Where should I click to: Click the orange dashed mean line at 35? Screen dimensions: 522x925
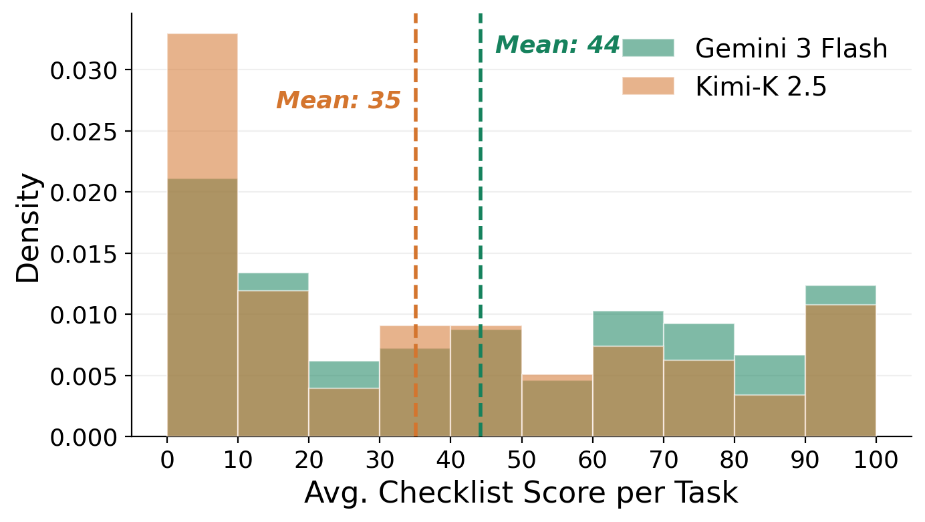(x=416, y=201)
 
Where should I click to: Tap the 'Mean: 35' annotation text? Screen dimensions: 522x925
(x=338, y=100)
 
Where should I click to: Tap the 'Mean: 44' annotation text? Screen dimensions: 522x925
(x=557, y=45)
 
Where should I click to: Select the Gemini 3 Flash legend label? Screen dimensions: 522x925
(x=791, y=49)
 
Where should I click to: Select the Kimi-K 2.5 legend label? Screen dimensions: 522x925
(x=761, y=87)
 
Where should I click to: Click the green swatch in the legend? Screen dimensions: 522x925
(x=648, y=48)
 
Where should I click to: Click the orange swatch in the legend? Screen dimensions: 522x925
(x=648, y=86)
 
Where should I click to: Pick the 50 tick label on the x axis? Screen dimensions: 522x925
(x=521, y=462)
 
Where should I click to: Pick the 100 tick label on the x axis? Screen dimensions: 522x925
(x=876, y=462)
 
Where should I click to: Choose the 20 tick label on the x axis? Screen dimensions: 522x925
(x=309, y=462)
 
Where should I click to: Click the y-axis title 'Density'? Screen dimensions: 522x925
(x=29, y=227)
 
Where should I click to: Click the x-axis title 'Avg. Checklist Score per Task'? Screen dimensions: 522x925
(x=521, y=493)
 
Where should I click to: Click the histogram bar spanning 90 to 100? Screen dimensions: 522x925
(x=840, y=368)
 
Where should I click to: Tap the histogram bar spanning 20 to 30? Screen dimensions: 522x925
(x=344, y=408)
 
